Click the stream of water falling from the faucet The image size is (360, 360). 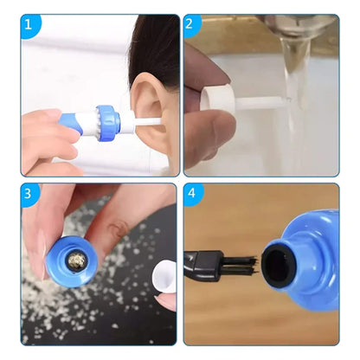click(x=296, y=104)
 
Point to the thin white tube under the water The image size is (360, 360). click(x=260, y=108)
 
